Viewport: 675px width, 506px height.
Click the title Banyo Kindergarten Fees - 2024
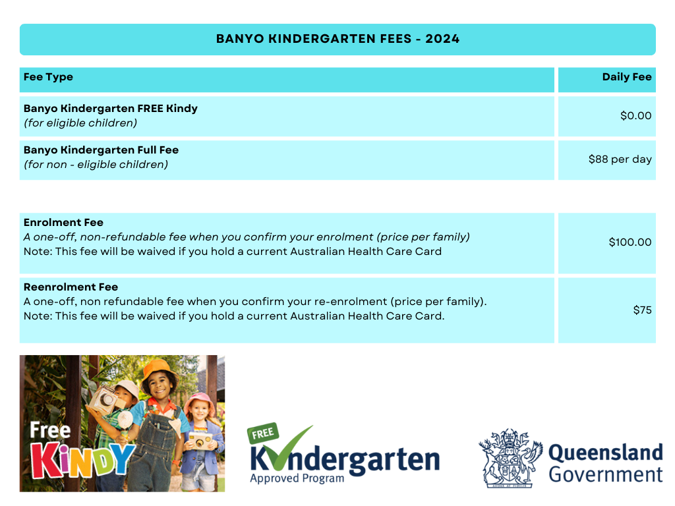coord(337,39)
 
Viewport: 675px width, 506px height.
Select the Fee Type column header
coord(48,77)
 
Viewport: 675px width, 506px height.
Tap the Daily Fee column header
coord(626,77)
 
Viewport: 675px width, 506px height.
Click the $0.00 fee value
coord(635,116)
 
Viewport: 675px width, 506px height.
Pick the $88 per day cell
coord(620,159)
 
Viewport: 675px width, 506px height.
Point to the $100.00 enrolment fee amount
coord(630,242)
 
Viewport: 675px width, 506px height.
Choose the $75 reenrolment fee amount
coord(642,310)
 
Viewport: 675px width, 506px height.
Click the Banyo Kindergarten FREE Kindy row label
coord(110,108)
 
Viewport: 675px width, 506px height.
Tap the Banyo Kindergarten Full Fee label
coord(101,150)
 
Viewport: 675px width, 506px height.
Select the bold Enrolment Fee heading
coord(63,223)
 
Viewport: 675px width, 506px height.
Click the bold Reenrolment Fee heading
coord(71,287)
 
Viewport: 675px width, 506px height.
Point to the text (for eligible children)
coord(80,123)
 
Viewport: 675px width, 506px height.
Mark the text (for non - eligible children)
coord(96,165)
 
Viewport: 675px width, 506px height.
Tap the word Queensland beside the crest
coord(605,453)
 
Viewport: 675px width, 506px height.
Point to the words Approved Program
coord(297,478)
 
